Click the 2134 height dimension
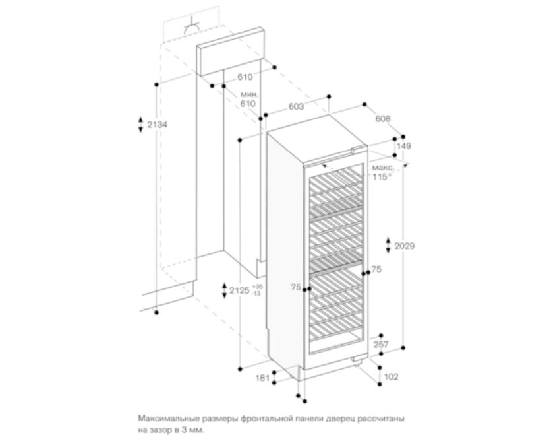(x=157, y=125)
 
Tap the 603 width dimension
(x=296, y=106)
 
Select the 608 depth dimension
(x=383, y=119)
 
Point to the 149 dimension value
(x=404, y=146)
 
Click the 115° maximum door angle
(x=382, y=176)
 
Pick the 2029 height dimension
(x=405, y=246)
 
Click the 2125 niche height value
(x=240, y=290)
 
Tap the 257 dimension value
(x=381, y=345)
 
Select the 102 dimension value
(x=391, y=377)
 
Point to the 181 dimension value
(x=262, y=378)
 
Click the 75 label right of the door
(x=376, y=269)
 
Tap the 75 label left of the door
(x=296, y=288)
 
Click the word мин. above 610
(x=249, y=94)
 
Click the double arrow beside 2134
(x=140, y=124)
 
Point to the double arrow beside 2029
(x=388, y=246)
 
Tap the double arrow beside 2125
(x=224, y=290)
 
